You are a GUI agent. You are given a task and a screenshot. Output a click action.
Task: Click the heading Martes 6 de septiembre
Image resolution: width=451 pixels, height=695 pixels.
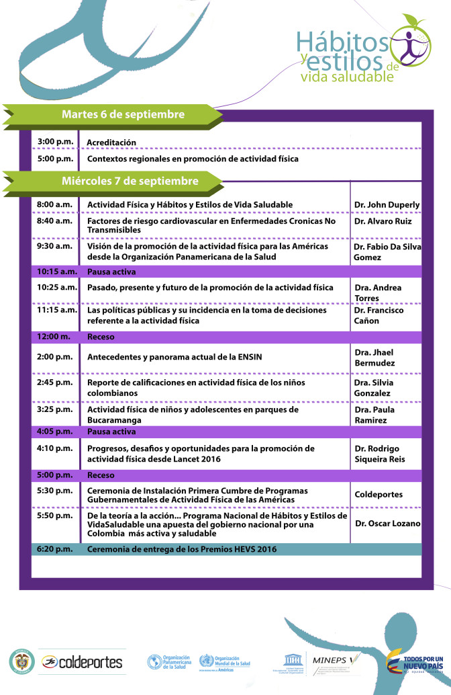(123, 114)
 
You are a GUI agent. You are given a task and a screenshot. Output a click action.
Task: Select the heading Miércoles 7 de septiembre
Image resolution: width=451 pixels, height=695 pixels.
(130, 181)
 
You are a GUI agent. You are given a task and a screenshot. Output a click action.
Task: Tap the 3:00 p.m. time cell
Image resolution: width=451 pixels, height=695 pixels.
(55, 141)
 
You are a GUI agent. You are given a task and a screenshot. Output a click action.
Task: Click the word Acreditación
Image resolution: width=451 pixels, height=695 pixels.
(111, 142)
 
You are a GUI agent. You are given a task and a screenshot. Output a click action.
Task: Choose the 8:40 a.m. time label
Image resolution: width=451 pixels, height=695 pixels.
(55, 220)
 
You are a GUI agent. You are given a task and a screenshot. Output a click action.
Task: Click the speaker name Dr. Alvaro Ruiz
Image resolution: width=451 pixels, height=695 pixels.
(383, 221)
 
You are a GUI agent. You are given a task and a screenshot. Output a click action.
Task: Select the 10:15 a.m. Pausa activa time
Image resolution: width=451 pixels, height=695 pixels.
(56, 272)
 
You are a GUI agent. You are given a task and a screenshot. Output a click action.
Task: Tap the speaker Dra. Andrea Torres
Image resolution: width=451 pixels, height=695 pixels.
(378, 292)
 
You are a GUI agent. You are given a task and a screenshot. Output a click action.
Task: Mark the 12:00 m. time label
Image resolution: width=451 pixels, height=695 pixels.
(54, 336)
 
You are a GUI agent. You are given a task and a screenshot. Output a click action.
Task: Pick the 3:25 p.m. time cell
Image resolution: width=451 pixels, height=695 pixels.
(55, 409)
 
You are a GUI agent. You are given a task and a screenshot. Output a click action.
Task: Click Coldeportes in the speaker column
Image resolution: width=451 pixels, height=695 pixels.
(379, 494)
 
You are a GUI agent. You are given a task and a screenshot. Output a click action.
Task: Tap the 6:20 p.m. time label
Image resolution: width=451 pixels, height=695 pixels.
(55, 549)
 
